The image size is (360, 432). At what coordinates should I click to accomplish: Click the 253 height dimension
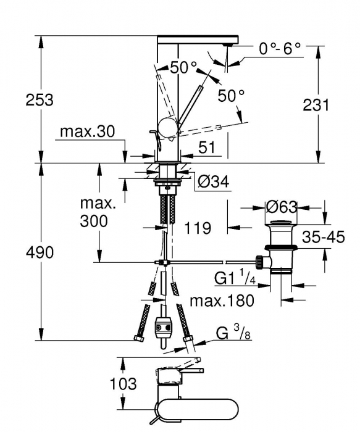click(40, 99)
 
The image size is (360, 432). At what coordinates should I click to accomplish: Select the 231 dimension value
click(316, 104)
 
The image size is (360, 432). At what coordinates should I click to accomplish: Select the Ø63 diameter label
click(282, 207)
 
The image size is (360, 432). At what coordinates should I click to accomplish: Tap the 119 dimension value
click(198, 228)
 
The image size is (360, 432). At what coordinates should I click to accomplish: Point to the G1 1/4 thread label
click(235, 279)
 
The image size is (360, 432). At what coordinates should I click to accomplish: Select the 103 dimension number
click(123, 384)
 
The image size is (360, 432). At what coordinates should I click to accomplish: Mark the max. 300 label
click(97, 212)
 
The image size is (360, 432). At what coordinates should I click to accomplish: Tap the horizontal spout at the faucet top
click(198, 39)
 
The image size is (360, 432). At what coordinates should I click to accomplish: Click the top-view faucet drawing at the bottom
click(179, 395)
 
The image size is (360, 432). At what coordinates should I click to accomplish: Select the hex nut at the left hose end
click(137, 338)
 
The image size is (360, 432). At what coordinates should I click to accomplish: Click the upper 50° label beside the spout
click(183, 67)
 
